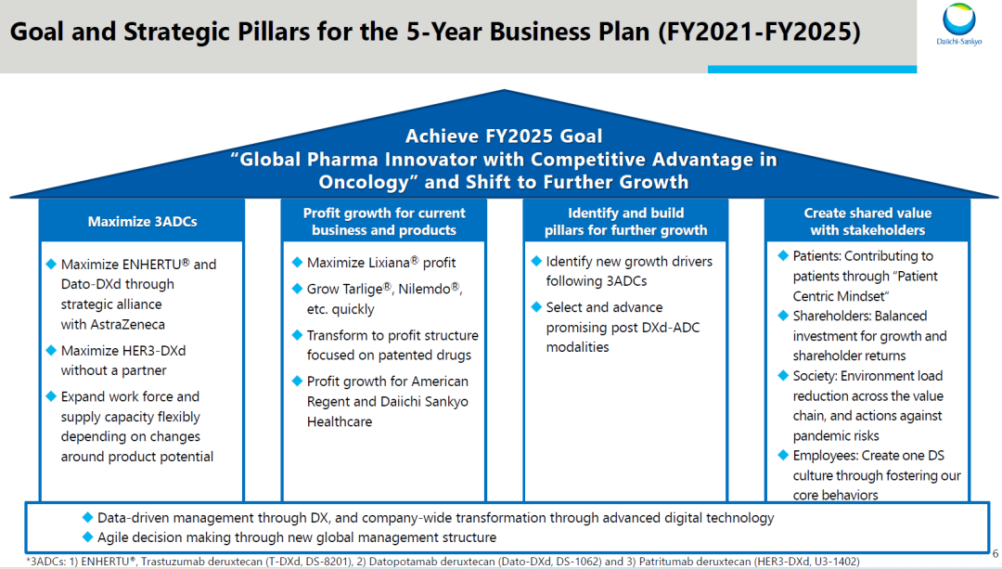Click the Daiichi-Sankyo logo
coord(959,24)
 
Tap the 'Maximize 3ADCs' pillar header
coord(142,222)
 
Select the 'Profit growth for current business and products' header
coord(384,221)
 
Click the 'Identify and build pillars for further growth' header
coord(625,221)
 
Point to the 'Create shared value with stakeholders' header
coord(867,221)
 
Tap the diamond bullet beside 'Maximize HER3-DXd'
coord(51,350)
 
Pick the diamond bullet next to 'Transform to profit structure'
coord(297,335)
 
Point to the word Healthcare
coord(340,422)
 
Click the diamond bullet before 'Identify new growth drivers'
coord(537,261)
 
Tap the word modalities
coord(577,347)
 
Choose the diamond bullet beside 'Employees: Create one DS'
coord(783,455)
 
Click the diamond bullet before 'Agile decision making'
coord(87,537)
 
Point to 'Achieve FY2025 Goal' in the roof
coord(504,136)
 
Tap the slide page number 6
coord(995,553)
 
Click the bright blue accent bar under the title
coord(812,69)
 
